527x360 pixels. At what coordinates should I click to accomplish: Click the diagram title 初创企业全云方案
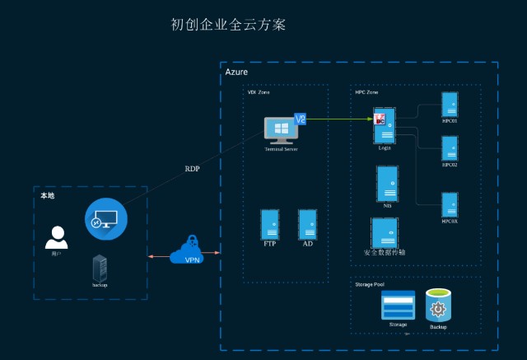click(x=227, y=26)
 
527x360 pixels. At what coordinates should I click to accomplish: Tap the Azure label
click(x=236, y=73)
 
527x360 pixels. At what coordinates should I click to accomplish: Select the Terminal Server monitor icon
click(x=280, y=130)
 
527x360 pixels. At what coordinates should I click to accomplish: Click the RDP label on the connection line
click(x=192, y=169)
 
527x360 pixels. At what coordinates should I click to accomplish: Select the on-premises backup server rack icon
click(x=100, y=267)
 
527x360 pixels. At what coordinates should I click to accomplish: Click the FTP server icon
click(x=269, y=224)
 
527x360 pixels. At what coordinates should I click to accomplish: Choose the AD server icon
click(x=308, y=224)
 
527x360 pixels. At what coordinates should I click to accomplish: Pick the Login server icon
click(x=385, y=126)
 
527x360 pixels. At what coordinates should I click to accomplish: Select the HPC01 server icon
click(x=450, y=105)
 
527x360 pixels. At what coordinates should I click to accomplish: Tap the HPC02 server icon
click(x=450, y=148)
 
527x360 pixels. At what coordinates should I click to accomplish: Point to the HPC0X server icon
click(x=450, y=204)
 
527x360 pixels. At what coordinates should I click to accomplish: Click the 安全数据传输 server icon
click(x=385, y=232)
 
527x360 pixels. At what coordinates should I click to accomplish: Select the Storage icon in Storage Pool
click(x=398, y=306)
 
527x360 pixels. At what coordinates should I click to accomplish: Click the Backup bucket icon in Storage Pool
click(x=438, y=306)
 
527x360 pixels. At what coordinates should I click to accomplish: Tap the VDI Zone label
click(x=259, y=92)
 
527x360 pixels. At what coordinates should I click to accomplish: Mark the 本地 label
click(x=48, y=196)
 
